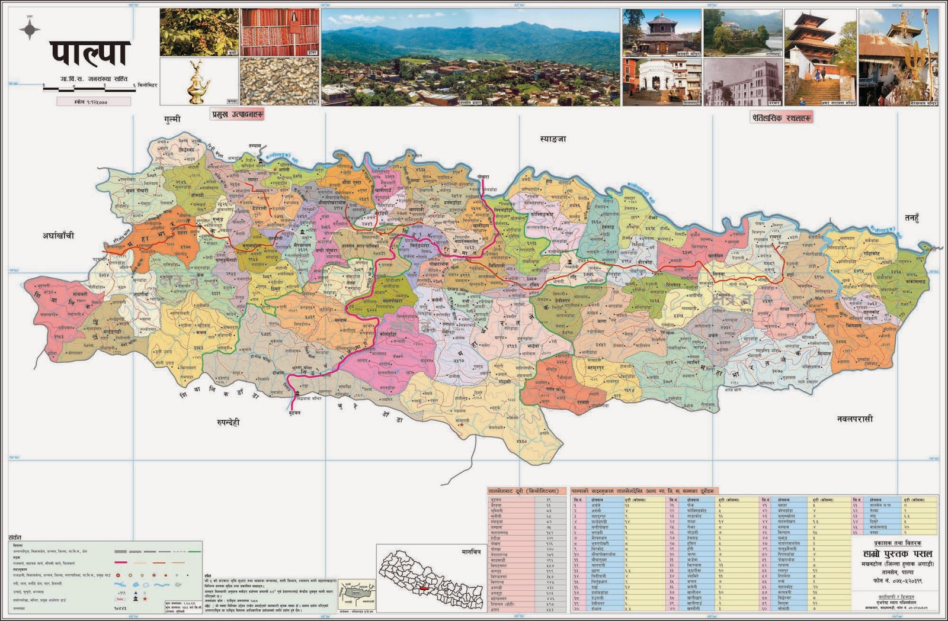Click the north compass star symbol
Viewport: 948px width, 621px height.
click(30, 29)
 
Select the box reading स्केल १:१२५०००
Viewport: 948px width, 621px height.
click(93, 102)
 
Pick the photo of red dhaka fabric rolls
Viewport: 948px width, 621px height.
click(279, 32)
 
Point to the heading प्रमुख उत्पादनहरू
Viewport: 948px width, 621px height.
click(237, 114)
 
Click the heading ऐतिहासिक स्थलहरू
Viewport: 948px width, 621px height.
click(781, 118)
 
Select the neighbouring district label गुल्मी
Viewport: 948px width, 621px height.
click(172, 119)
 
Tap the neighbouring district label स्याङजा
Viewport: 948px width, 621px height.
click(552, 139)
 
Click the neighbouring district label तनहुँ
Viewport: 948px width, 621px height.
click(911, 218)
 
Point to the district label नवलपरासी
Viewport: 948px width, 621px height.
click(854, 419)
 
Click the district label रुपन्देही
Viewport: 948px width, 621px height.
click(228, 422)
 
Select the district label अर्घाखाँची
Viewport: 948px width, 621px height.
click(58, 235)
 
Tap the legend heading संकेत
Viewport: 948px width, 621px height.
click(15, 537)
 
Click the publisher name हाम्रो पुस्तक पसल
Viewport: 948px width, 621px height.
click(897, 553)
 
